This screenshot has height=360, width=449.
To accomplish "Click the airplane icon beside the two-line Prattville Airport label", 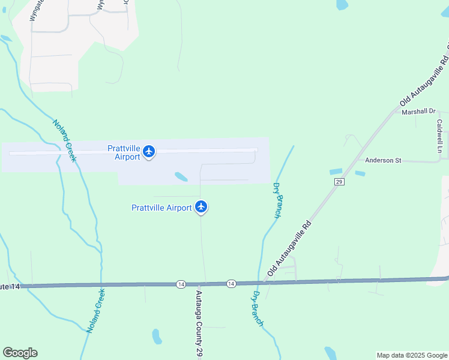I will point(149,152).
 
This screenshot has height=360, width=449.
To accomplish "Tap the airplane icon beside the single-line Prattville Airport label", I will point(201,208).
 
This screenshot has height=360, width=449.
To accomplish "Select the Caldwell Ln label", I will point(439,135).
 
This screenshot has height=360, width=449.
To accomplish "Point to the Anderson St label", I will point(383,160).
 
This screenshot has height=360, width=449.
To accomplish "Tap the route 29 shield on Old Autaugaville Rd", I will point(339,181).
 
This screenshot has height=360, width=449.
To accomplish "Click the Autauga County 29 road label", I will point(199,325).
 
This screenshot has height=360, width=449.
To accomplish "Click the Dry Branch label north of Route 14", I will point(277,200).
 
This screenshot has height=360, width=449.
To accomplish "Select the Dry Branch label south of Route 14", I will point(257,308).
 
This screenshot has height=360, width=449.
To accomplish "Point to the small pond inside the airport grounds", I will point(180,176).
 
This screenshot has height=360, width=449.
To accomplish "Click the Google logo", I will point(20,353).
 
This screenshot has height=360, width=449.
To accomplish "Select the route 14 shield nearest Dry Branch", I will point(231,283).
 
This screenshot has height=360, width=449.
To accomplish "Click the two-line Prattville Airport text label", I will point(124,152).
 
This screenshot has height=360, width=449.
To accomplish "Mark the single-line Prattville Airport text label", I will point(161,208).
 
